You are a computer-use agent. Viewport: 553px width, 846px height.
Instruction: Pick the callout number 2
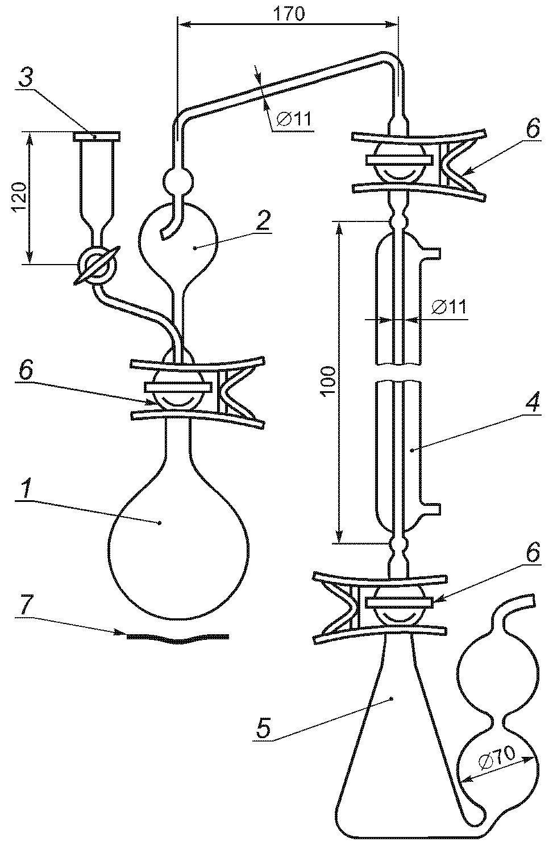pyautogui.click(x=262, y=221)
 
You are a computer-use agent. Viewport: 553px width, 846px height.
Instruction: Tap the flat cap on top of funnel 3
pyautogui.click(x=97, y=136)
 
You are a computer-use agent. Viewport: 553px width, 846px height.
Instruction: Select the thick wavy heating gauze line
pyautogui.click(x=178, y=638)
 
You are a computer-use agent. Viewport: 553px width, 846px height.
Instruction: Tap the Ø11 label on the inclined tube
pyautogui.click(x=293, y=119)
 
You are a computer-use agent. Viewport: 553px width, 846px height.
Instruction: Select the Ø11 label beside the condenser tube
pyautogui.click(x=448, y=307)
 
